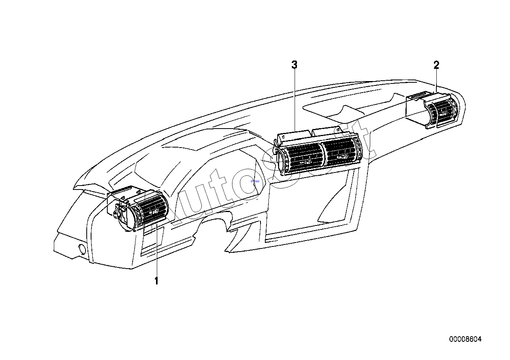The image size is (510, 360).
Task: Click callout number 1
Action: tap(156, 281)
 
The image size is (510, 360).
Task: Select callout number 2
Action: tap(436, 65)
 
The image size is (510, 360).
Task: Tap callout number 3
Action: tap(294, 65)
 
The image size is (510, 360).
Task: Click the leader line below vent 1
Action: tap(157, 250)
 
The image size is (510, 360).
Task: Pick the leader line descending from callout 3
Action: tap(295, 100)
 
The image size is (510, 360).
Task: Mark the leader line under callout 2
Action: tap(436, 81)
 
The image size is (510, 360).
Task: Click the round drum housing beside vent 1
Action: tap(125, 215)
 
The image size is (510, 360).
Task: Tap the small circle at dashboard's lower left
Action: tap(82, 248)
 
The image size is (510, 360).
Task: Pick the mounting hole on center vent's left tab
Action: tap(283, 136)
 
